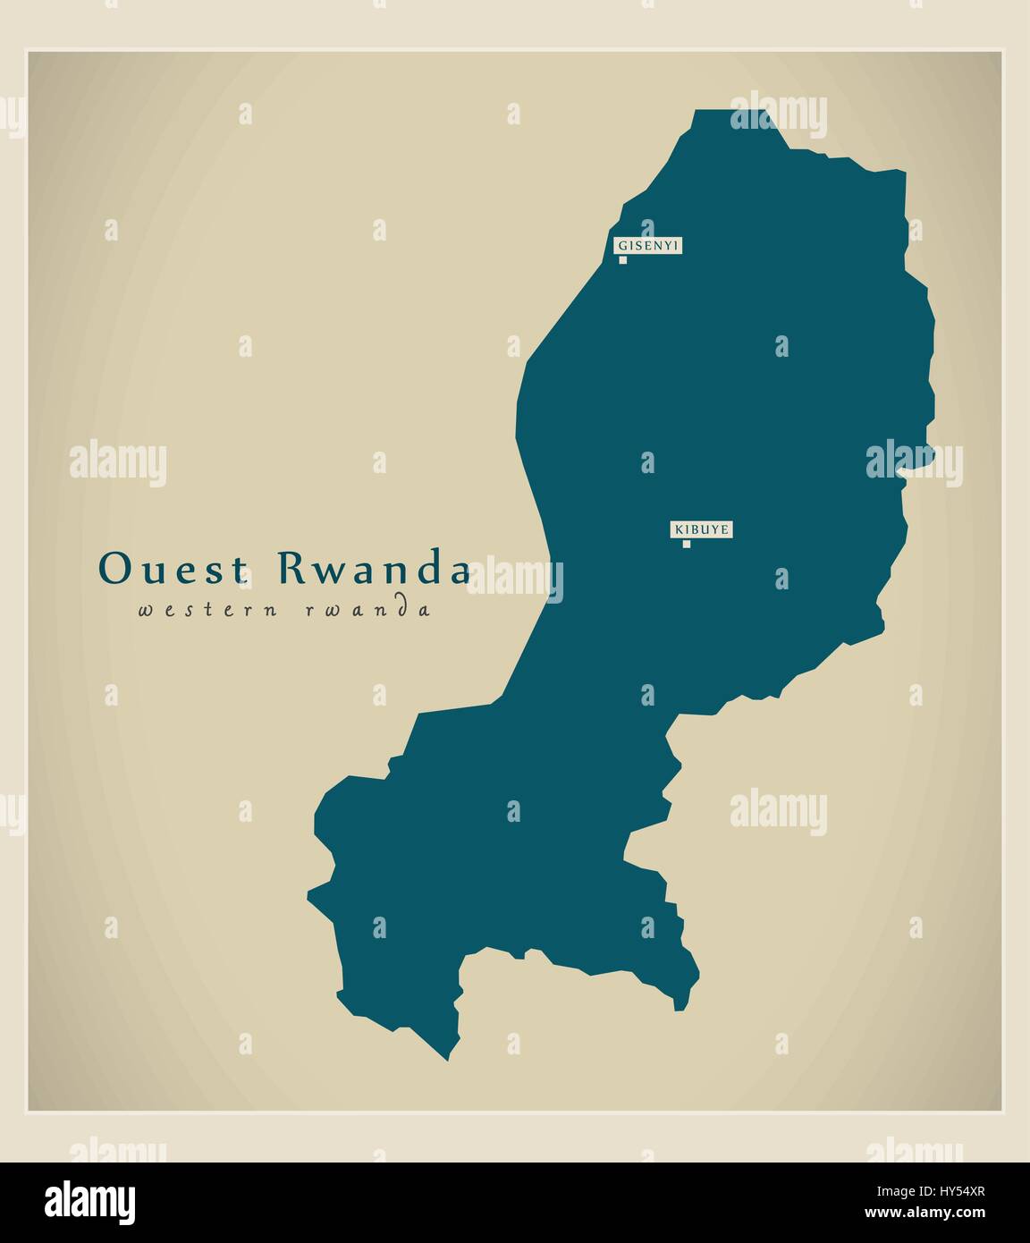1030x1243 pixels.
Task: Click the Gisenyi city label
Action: point(648,245)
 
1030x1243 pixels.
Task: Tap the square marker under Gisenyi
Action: point(623,260)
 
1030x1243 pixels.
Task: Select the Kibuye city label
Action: point(702,529)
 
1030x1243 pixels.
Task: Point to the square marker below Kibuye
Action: point(686,544)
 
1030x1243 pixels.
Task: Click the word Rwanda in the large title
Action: point(374,569)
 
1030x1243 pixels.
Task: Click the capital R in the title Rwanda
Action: point(291,569)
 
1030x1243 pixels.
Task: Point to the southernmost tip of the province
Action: point(447,1060)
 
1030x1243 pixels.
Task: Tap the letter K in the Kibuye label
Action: point(678,529)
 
